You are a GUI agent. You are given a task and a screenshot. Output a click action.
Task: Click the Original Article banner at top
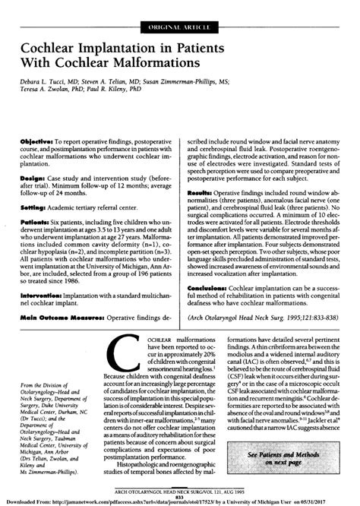pyautogui.click(x=179, y=30)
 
